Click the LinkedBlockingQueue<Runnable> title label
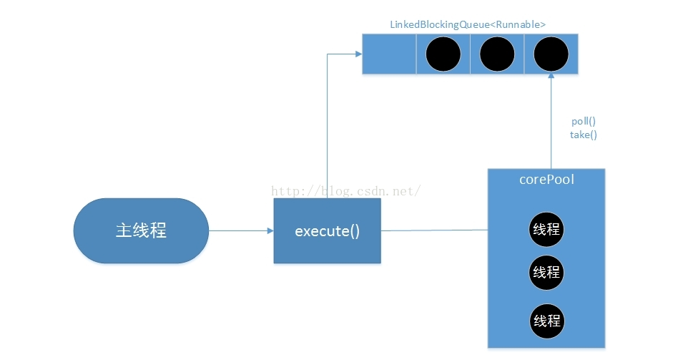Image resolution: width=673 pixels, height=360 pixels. (x=468, y=25)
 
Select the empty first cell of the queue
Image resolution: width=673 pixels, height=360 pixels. (x=389, y=54)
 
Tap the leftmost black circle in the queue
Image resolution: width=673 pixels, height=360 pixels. (x=443, y=54)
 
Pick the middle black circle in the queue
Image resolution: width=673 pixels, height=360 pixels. (x=497, y=54)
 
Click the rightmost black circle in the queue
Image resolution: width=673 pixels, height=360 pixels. (x=551, y=54)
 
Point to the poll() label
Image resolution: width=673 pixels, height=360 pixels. (x=584, y=122)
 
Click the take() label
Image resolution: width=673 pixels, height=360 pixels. (x=584, y=135)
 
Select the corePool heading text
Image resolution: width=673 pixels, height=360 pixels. (x=546, y=179)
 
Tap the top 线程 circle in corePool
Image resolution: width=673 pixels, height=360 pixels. (x=546, y=230)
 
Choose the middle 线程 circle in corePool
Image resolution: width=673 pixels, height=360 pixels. (x=546, y=273)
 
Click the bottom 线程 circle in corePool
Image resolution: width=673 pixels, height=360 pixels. (x=547, y=321)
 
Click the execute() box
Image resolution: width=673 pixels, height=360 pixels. (x=327, y=230)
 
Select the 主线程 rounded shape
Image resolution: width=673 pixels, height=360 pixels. (x=141, y=230)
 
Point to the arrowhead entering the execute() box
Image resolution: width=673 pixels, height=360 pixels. (x=270, y=230)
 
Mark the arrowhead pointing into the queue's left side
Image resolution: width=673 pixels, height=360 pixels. (x=359, y=54)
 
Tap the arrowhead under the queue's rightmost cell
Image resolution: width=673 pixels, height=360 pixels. (x=551, y=76)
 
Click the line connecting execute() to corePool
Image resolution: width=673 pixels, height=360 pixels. (x=434, y=230)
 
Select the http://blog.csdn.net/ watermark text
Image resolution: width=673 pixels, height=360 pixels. (x=346, y=191)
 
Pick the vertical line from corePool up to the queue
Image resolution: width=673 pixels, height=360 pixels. (x=551, y=121)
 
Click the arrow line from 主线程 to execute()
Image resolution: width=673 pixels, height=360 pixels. (x=241, y=230)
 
